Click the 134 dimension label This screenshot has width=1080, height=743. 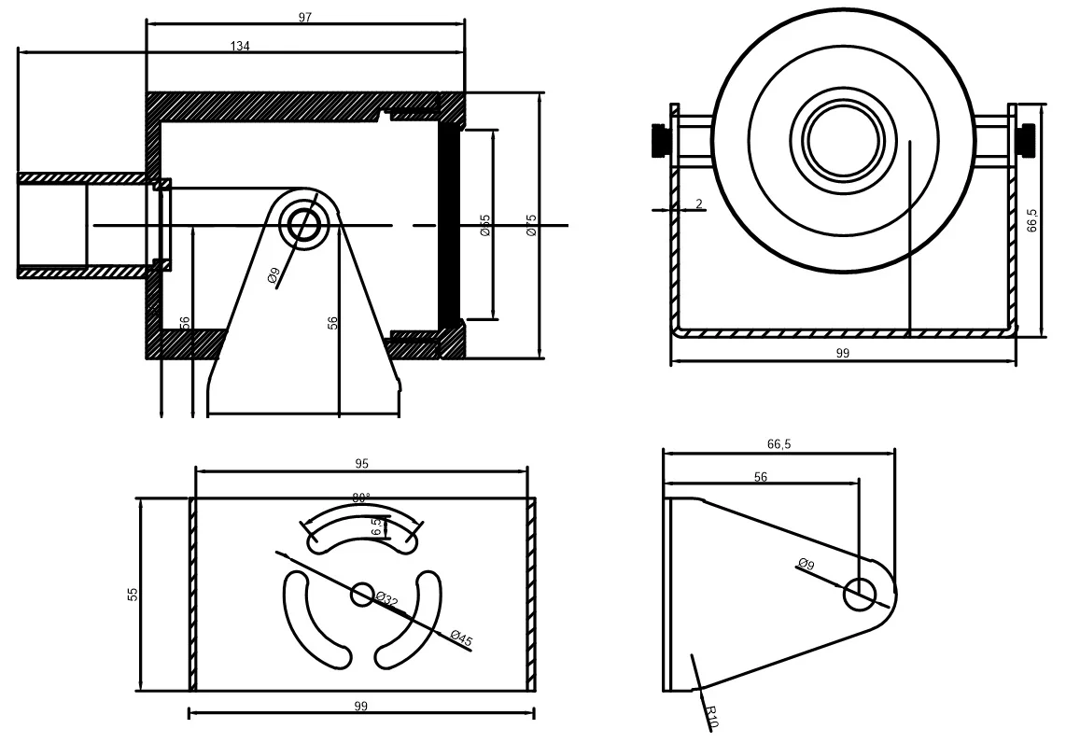pos(240,46)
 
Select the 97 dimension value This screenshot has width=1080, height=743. pos(305,18)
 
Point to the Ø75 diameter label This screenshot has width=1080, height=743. pos(530,224)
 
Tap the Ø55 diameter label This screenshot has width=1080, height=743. pos(485,224)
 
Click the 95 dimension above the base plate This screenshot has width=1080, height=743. pos(362,463)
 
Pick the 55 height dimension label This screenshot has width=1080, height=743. pos(133,594)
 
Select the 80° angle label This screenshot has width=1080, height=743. pos(361,498)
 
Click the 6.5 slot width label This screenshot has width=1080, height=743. pos(376,526)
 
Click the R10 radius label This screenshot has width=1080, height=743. pos(711,717)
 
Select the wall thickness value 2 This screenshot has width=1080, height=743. pos(698,203)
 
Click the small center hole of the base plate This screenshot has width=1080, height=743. pos(361,593)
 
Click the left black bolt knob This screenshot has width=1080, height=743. pos(659,140)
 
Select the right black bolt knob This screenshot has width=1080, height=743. pos(1028,139)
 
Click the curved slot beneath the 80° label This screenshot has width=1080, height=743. pos(361,526)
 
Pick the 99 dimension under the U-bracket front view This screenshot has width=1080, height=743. pos(843,353)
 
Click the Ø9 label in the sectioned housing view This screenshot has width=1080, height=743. pos(273,275)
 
